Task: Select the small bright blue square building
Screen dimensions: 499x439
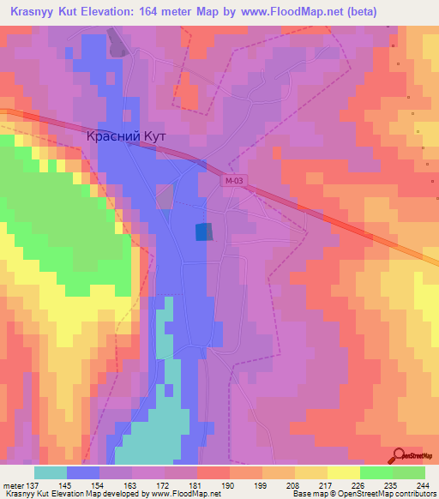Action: point(203,231)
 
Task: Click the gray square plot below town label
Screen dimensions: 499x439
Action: point(165,196)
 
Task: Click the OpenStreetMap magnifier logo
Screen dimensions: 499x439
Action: point(399,454)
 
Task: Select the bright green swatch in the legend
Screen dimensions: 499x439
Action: point(377,472)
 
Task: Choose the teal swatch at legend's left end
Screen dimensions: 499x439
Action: point(51,472)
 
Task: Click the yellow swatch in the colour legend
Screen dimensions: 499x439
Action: point(344,472)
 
